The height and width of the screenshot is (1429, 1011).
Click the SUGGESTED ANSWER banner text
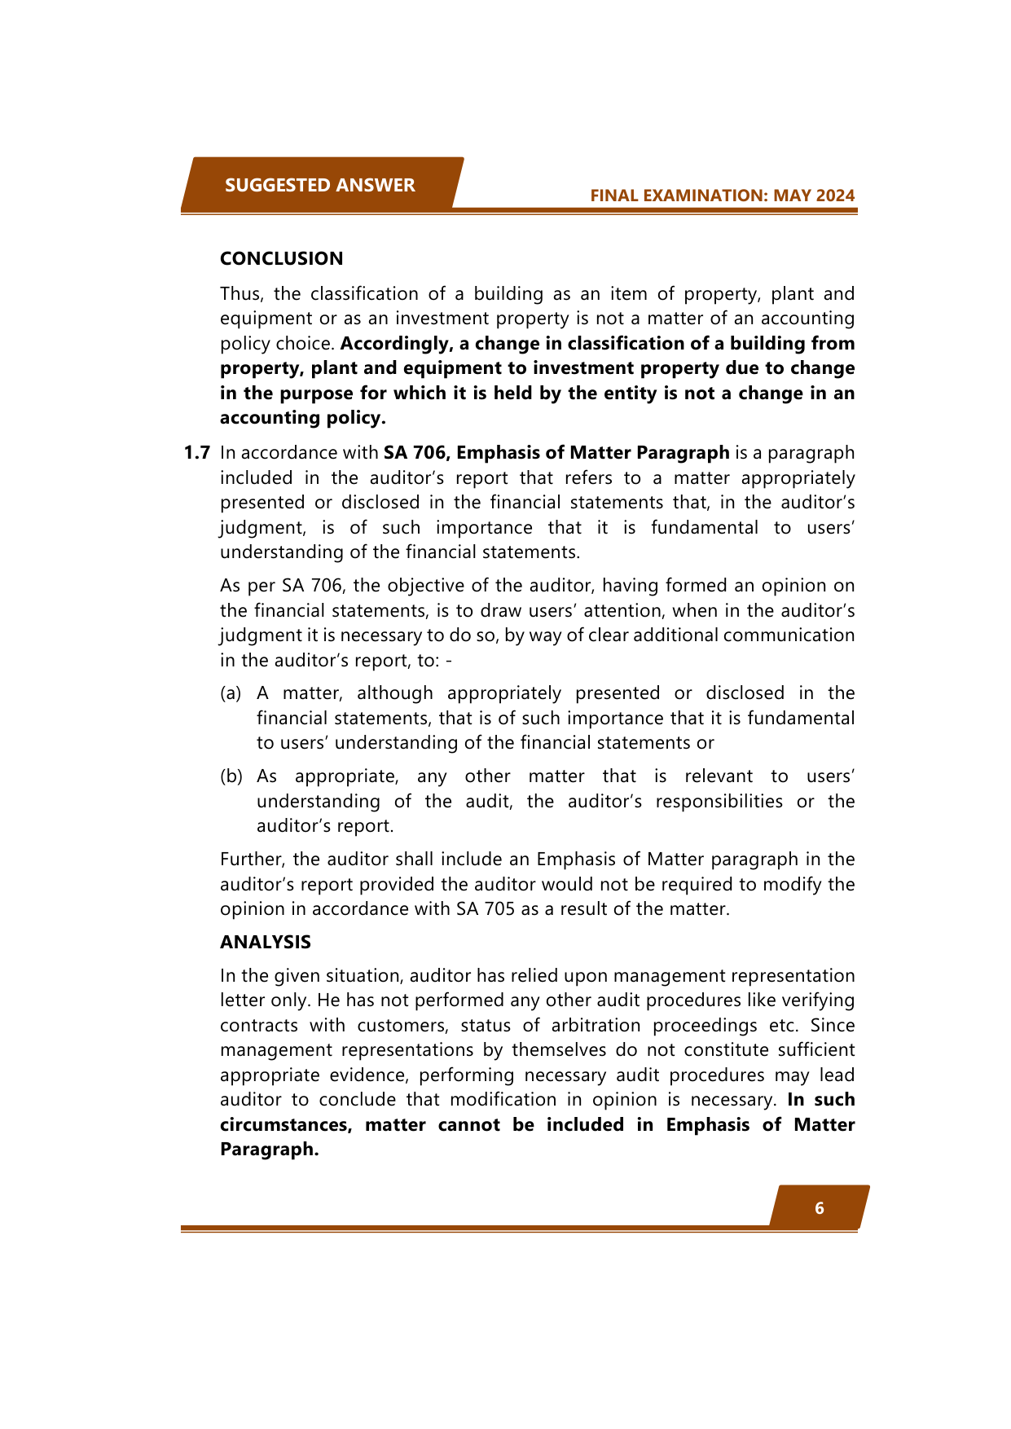coord(319,185)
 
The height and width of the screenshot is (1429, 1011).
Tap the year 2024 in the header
coord(836,196)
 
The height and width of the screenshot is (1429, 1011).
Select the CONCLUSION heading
coord(281,258)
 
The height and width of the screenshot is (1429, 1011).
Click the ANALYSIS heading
coord(265,942)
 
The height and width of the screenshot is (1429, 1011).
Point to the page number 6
coord(820,1207)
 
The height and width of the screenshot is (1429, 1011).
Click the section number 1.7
coord(197,453)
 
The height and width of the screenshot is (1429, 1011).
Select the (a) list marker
coord(231,693)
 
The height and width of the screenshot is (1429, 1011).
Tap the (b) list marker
coord(231,776)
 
